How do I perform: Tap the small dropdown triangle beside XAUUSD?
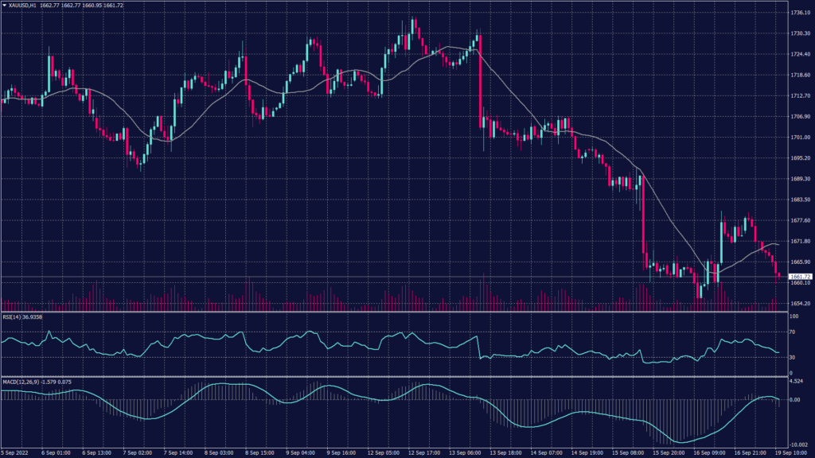click(5, 6)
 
